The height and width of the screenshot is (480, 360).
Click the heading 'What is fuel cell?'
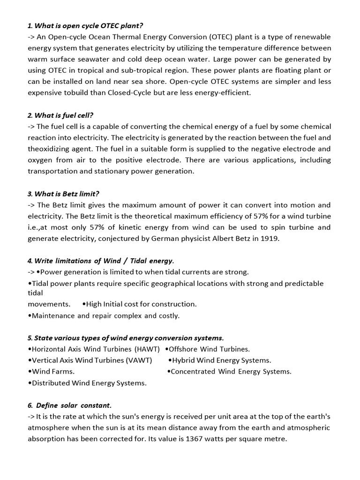(x=67, y=115)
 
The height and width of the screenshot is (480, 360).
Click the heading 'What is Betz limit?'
(x=69, y=194)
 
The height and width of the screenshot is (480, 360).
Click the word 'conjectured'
(x=128, y=238)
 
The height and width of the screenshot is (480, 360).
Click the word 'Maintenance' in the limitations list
(x=52, y=315)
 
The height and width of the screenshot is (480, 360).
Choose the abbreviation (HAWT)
(x=147, y=349)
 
